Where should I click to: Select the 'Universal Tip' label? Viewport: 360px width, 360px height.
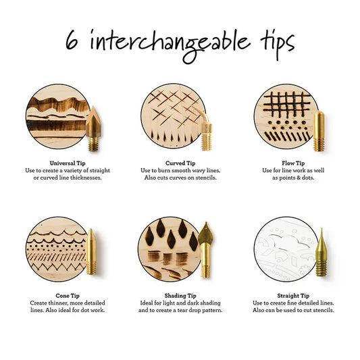[67, 163]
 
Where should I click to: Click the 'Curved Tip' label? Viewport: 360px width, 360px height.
[180, 163]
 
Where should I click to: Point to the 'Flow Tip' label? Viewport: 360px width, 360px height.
[293, 163]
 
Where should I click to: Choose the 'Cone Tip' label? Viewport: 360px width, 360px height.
[67, 295]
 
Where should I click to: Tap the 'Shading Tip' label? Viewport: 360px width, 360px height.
[180, 295]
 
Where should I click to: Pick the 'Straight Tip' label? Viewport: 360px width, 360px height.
[293, 295]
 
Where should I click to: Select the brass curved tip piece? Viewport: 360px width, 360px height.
[207, 132]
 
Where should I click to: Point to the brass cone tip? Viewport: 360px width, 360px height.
[92, 252]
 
